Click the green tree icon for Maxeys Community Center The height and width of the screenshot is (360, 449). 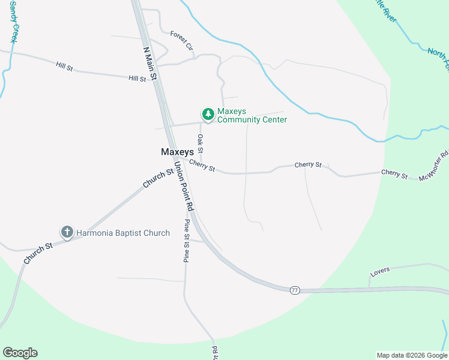pyautogui.click(x=208, y=114)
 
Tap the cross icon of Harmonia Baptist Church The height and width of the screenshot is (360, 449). pyautogui.click(x=67, y=232)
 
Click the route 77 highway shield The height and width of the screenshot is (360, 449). pyautogui.click(x=294, y=290)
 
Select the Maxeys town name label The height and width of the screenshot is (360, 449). pyautogui.click(x=177, y=152)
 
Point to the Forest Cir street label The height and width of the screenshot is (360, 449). pyautogui.click(x=181, y=40)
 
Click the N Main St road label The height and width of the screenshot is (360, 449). pyautogui.click(x=150, y=64)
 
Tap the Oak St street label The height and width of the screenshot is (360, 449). pyautogui.click(x=200, y=143)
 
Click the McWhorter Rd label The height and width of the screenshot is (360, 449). pyautogui.click(x=433, y=165)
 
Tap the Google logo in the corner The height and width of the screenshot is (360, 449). pyautogui.click(x=20, y=353)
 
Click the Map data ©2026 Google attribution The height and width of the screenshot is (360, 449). pyautogui.click(x=412, y=355)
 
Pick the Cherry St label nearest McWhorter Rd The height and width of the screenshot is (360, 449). pyautogui.click(x=394, y=175)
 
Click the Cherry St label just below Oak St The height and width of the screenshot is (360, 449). pyautogui.click(x=202, y=165)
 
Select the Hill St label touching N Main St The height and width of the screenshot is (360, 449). pyautogui.click(x=137, y=79)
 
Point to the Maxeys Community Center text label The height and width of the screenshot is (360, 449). pyautogui.click(x=252, y=116)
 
